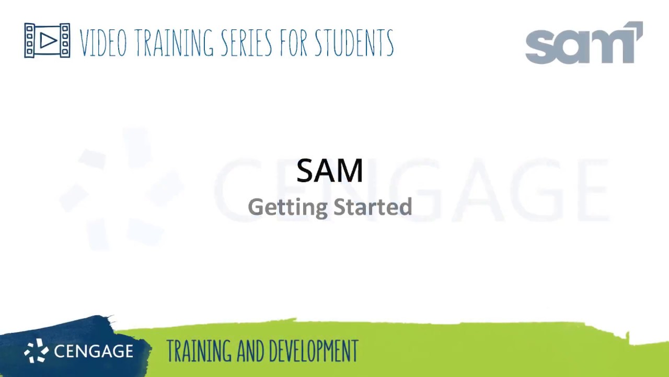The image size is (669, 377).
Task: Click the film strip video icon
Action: pyautogui.click(x=47, y=40)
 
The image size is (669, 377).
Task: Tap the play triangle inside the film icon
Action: pyautogui.click(x=48, y=40)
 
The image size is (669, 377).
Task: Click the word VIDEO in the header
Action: pyautogui.click(x=103, y=43)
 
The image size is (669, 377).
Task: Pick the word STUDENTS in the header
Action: pyautogui.click(x=354, y=43)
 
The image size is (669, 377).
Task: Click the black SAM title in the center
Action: pyautogui.click(x=329, y=171)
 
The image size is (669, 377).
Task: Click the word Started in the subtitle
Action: pyautogui.click(x=373, y=207)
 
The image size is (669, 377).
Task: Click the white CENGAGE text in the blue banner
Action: pyautogui.click(x=94, y=351)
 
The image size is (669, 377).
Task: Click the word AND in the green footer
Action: pyautogui.click(x=248, y=351)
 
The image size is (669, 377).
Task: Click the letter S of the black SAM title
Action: pyautogui.click(x=306, y=171)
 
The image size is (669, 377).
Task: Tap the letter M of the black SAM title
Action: pyautogui.click(x=351, y=171)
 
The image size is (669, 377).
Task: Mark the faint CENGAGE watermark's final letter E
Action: pyautogui.click(x=588, y=190)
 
